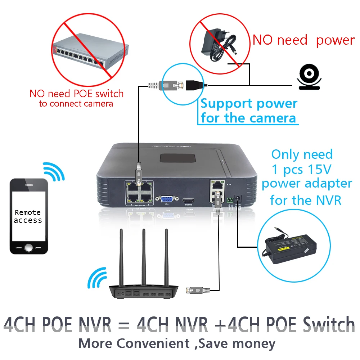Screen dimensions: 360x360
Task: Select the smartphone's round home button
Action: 28,247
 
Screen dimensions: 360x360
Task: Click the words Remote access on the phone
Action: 28,216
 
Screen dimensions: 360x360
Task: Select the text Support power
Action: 249,104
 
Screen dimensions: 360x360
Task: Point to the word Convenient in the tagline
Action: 153,343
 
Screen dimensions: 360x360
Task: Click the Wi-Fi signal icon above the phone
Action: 54,171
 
